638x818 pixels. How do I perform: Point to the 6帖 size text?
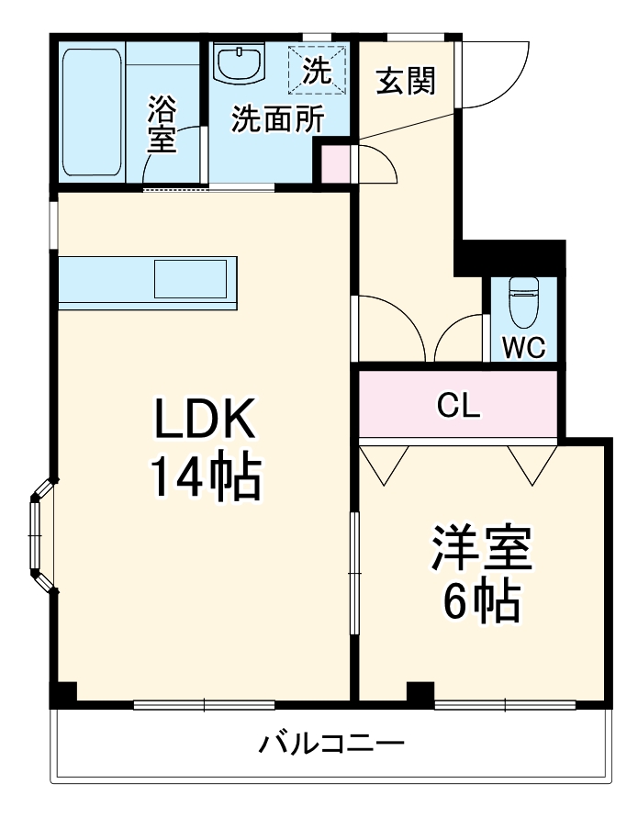click(481, 603)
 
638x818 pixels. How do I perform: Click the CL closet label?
click(458, 406)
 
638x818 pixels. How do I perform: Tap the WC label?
click(524, 348)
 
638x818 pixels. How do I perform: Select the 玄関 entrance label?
click(405, 82)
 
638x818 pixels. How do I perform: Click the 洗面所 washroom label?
click(276, 119)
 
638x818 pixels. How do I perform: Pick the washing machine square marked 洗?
click(316, 71)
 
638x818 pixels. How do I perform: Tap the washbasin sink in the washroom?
click(241, 64)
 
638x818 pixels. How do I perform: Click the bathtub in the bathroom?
click(92, 112)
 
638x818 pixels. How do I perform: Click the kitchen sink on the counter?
click(190, 278)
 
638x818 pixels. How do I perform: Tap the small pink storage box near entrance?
click(335, 163)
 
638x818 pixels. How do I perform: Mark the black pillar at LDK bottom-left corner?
click(62, 695)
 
